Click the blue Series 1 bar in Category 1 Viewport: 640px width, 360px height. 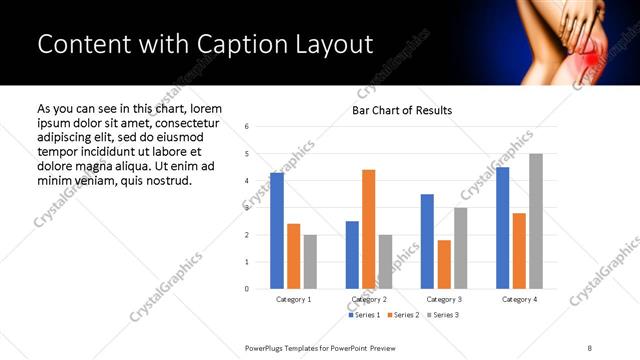click(277, 231)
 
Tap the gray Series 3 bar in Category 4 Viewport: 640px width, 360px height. click(536, 221)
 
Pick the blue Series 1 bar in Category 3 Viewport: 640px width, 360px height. click(427, 241)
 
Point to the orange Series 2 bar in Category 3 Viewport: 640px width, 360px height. click(444, 264)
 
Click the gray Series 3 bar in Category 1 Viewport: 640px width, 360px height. click(310, 262)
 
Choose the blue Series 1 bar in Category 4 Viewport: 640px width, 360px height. click(502, 228)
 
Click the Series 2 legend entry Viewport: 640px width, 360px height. click(401, 315)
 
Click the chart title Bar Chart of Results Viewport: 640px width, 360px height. click(402, 110)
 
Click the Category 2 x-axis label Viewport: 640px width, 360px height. click(369, 299)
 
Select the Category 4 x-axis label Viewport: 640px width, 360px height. click(519, 299)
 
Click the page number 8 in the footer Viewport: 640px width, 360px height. click(590, 347)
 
